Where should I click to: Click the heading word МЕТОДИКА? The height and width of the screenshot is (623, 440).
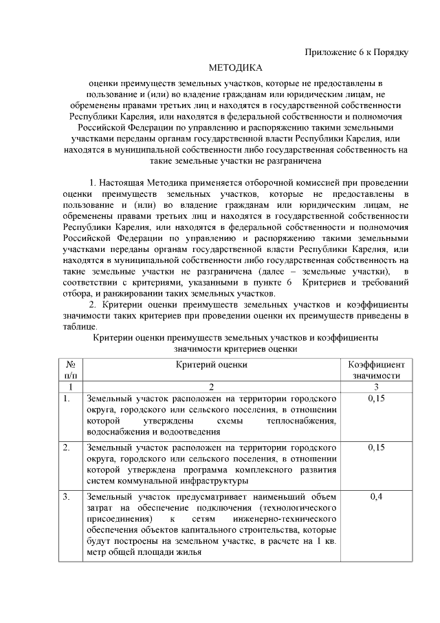pyautogui.click(x=236, y=67)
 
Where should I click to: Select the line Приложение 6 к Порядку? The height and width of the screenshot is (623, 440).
pyautogui.click(x=357, y=53)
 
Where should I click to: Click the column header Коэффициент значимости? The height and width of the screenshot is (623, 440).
pyautogui.click(x=376, y=370)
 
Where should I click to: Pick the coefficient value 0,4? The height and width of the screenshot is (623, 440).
pyautogui.click(x=376, y=496)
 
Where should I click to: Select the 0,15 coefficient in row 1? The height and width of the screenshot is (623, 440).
pyautogui.click(x=376, y=399)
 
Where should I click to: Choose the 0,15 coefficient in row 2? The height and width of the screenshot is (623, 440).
pyautogui.click(x=376, y=447)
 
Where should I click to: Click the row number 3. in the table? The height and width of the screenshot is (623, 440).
pyautogui.click(x=67, y=496)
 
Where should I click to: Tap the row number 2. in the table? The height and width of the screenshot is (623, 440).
pyautogui.click(x=67, y=447)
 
